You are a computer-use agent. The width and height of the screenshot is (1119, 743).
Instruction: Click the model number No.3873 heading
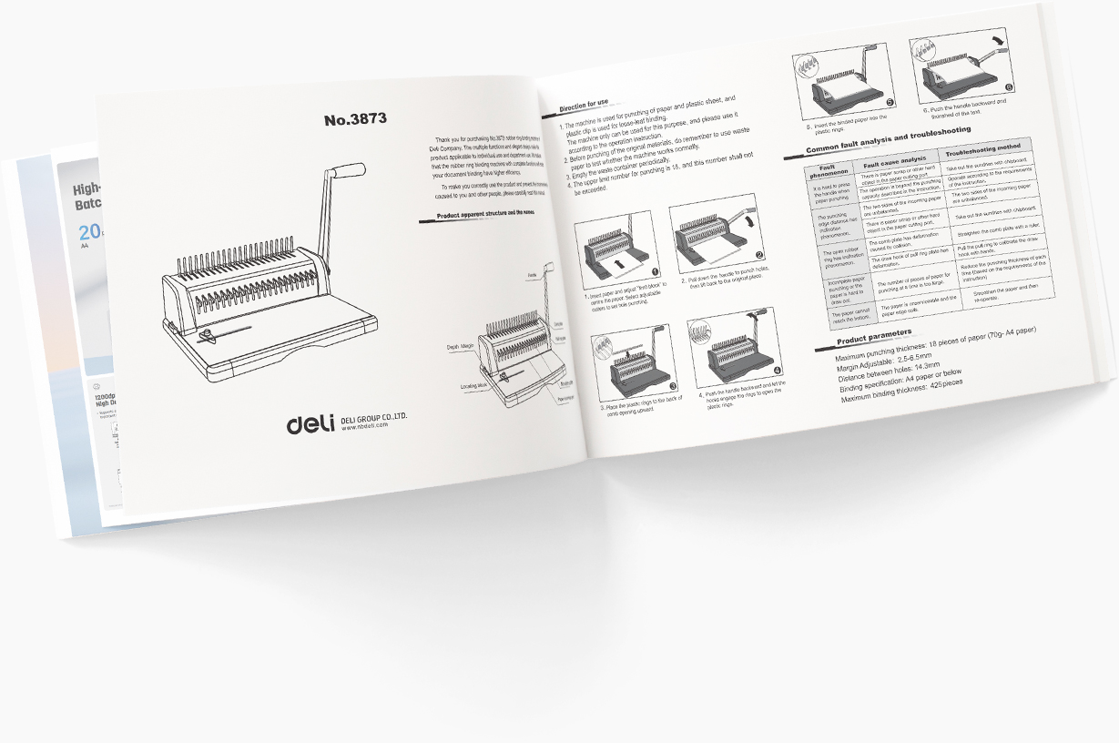355,119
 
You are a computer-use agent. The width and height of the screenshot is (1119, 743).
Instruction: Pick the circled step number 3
673,386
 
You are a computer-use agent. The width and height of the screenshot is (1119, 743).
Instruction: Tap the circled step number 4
777,371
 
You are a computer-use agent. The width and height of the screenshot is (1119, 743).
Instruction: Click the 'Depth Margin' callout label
461,347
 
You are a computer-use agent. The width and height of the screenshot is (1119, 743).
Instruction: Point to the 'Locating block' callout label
473,386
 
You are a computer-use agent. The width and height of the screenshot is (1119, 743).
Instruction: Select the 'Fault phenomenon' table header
829,170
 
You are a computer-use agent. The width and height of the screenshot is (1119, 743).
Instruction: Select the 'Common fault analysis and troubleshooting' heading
902,137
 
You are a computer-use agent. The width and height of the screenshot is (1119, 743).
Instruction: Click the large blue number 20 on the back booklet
88,231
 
